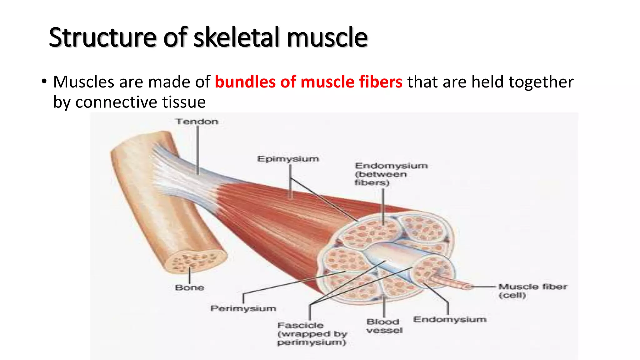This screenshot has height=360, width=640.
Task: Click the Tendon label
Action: coord(197,122)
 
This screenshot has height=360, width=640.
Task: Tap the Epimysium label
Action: coord(288,159)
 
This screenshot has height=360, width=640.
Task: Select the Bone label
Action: coord(189,287)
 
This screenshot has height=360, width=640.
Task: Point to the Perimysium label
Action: coord(243,309)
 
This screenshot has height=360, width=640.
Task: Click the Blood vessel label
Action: coord(384,326)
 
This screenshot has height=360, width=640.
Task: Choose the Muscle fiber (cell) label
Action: coord(532,291)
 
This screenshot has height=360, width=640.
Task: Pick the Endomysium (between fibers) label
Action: coord(391,174)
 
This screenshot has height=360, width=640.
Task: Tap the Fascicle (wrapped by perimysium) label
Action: coord(312,334)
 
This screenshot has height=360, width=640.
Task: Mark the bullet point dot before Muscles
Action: coord(44,82)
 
